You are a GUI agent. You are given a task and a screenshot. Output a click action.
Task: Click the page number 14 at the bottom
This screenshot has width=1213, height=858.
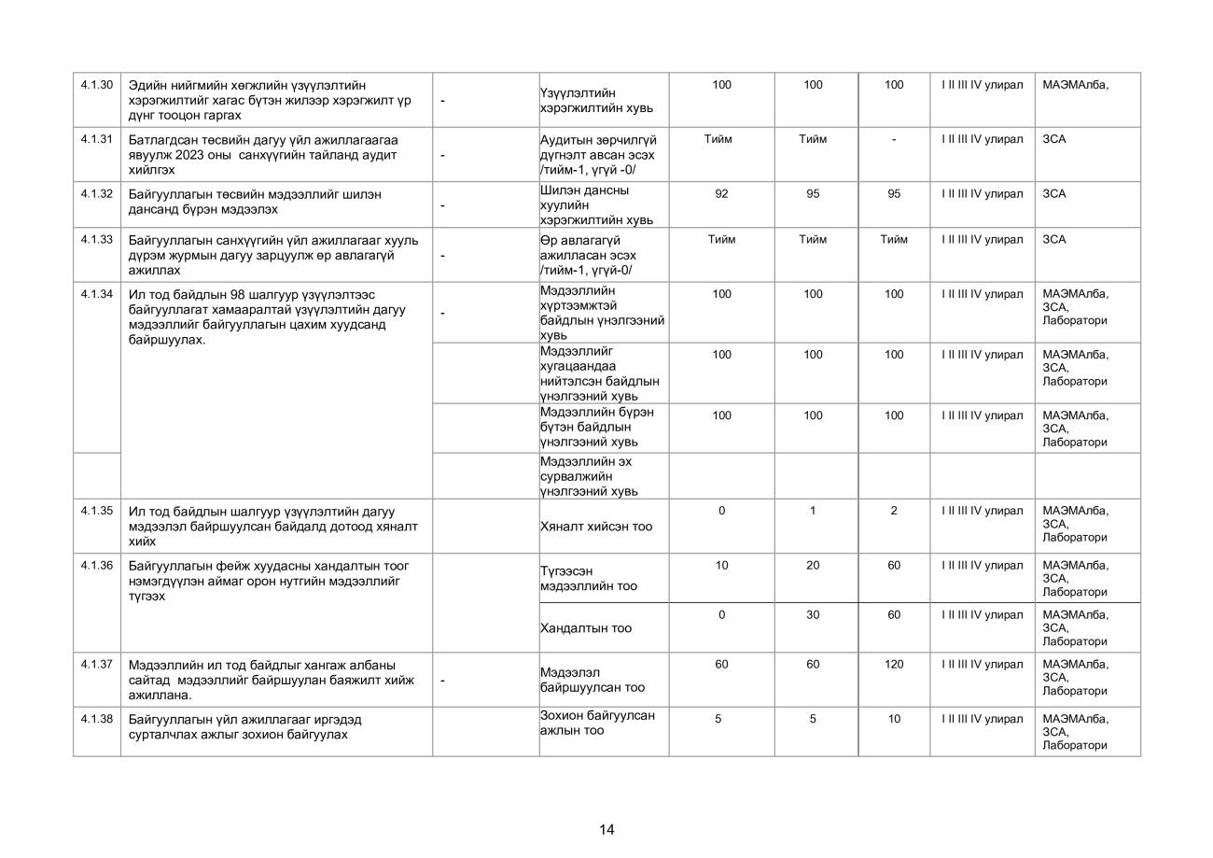606,830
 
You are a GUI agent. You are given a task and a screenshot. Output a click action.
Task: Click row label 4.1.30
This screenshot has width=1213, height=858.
96,85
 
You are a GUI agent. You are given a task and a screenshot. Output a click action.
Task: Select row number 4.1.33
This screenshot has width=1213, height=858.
96,240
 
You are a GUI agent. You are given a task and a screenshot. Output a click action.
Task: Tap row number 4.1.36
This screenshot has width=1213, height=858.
96,566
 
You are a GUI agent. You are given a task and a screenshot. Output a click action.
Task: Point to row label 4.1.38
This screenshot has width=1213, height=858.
96,719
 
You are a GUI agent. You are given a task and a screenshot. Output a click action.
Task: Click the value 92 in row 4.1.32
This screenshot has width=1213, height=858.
721,194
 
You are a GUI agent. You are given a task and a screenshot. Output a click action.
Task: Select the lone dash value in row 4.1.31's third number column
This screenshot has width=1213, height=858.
894,140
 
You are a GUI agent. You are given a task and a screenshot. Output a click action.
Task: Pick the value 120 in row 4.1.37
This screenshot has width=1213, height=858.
894,665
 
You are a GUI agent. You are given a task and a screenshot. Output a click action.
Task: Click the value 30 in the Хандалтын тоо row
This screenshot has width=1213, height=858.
813,615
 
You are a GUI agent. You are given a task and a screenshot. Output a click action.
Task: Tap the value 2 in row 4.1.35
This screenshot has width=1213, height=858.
894,511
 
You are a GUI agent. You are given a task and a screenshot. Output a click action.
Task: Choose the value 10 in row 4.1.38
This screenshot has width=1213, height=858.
894,719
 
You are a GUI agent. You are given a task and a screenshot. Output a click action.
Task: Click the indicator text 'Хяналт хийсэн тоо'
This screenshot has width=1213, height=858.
596,527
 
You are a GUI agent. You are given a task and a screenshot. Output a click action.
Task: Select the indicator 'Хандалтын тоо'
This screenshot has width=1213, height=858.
586,628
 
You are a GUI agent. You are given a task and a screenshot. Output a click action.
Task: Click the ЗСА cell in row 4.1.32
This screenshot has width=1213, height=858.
1053,194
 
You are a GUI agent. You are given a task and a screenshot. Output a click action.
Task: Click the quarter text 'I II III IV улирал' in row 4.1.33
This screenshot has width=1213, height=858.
982,240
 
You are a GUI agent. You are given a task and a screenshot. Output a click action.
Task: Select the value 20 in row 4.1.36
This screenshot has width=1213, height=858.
813,566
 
